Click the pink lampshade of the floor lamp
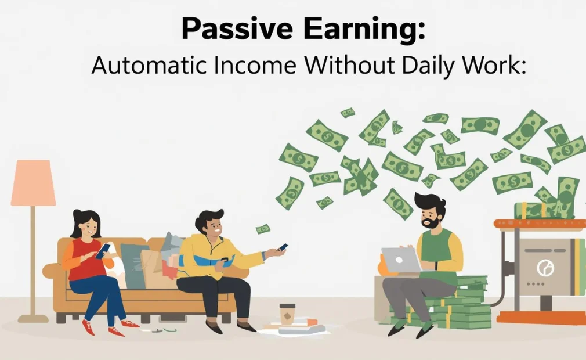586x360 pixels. (33, 183)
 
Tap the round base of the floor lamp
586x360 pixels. (32, 318)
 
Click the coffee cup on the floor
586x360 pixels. (287, 314)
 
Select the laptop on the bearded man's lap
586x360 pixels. (400, 260)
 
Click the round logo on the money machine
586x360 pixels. (544, 268)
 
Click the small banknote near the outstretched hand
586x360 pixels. (263, 229)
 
